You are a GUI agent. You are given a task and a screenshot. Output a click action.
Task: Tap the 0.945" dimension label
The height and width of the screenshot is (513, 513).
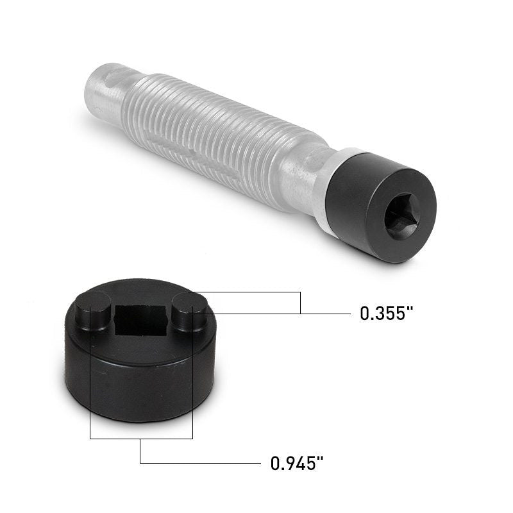click(296, 463)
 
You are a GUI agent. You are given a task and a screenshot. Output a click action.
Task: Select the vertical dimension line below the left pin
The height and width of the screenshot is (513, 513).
click(90, 398)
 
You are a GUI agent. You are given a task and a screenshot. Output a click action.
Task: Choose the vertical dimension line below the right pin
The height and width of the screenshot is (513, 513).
click(192, 398)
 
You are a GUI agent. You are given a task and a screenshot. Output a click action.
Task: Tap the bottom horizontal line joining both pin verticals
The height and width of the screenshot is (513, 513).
click(141, 439)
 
